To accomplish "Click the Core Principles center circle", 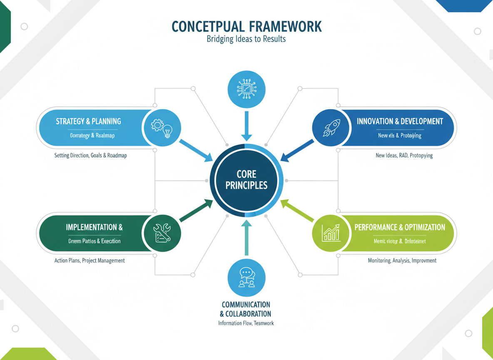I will point(246,180).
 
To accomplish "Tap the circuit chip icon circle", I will point(246,89).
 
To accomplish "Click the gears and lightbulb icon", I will point(162,128).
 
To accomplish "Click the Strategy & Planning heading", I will point(88,121).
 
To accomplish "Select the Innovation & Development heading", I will point(400,121).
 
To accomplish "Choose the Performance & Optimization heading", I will point(400,227).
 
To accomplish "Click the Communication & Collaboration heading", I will point(246,309).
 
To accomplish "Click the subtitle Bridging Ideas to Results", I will point(246,40).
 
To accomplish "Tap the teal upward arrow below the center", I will point(246,237).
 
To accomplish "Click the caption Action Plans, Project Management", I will point(90,260).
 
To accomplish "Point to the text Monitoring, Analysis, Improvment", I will point(402,260).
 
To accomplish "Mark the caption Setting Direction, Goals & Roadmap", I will point(90,155).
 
